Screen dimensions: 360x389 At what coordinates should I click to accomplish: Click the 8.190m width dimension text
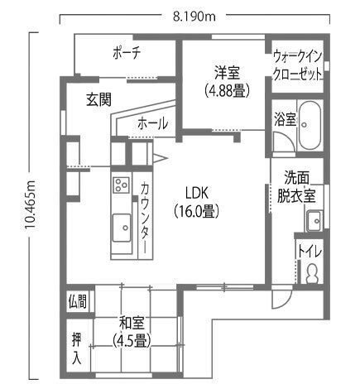(194, 17)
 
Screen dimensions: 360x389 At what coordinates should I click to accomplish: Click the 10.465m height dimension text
(30, 204)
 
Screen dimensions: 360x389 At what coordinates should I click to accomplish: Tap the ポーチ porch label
(127, 53)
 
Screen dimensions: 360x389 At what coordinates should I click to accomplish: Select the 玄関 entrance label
(99, 99)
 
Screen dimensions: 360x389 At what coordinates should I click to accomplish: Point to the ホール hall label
(152, 123)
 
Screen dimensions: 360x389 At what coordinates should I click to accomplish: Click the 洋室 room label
(228, 73)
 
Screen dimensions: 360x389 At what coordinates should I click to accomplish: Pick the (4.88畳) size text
(228, 90)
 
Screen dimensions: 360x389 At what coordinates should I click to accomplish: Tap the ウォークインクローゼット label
(297, 65)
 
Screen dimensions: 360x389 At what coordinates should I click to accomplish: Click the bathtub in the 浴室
(310, 126)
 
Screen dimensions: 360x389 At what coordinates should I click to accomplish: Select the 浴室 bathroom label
(285, 119)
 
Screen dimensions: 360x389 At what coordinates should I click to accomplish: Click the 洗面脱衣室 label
(296, 188)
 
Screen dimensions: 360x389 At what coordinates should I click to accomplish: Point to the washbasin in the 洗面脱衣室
(314, 221)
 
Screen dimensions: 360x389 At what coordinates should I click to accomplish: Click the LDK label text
(197, 193)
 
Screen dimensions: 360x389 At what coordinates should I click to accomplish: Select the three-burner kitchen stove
(121, 185)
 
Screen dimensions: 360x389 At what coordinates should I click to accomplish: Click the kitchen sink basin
(122, 228)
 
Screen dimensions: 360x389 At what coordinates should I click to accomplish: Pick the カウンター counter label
(145, 217)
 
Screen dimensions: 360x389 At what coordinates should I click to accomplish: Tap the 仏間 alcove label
(78, 301)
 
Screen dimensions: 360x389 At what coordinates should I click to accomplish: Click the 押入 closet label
(76, 348)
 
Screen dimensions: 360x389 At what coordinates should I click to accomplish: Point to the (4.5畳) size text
(132, 340)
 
